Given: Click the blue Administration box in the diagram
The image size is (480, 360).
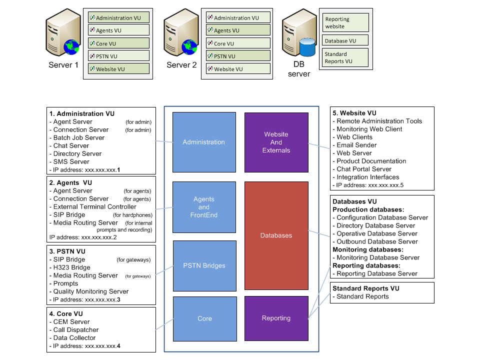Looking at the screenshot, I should coord(204,142).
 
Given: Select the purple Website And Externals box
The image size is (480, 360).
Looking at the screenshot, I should coord(276,142).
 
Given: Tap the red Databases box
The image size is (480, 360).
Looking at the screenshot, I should coord(276,235).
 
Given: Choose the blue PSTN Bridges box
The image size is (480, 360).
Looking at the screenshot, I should coord(204,265).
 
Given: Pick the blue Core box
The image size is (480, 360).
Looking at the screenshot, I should coord(204,318).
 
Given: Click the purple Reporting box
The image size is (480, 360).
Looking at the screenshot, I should coord(276,318).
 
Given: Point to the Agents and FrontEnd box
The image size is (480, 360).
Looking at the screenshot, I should coord(204,207).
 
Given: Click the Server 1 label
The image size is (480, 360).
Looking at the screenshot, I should coord(63,65).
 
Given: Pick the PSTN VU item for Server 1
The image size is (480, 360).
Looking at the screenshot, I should coord(119,56).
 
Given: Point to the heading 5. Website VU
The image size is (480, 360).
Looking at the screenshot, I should coord(354,113).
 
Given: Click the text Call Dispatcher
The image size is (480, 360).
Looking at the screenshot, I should coord(76,330).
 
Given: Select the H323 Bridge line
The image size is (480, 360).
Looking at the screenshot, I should coord(72,267).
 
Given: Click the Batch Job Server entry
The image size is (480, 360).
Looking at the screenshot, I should coord(79,137).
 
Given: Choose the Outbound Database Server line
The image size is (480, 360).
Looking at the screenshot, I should coord(377,241).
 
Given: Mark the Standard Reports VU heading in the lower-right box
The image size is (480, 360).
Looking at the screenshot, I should coord(366,288).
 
